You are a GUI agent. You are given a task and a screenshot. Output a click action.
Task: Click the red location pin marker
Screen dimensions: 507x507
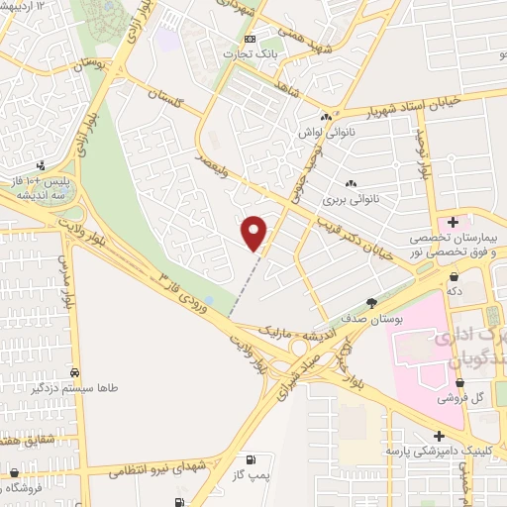[x=255, y=233]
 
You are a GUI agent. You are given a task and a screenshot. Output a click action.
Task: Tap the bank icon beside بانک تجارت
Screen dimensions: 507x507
[x=249, y=39]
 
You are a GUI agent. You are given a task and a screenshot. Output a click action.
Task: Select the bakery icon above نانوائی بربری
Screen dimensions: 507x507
[x=351, y=183]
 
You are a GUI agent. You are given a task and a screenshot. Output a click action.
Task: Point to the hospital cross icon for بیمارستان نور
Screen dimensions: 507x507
[x=454, y=222]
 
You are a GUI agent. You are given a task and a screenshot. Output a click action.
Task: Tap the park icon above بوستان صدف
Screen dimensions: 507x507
[x=371, y=302]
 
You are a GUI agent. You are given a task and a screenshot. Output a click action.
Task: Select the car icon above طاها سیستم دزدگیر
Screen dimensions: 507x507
[x=74, y=372]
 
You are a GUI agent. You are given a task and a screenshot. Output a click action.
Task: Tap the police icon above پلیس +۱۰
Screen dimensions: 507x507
[x=41, y=165]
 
